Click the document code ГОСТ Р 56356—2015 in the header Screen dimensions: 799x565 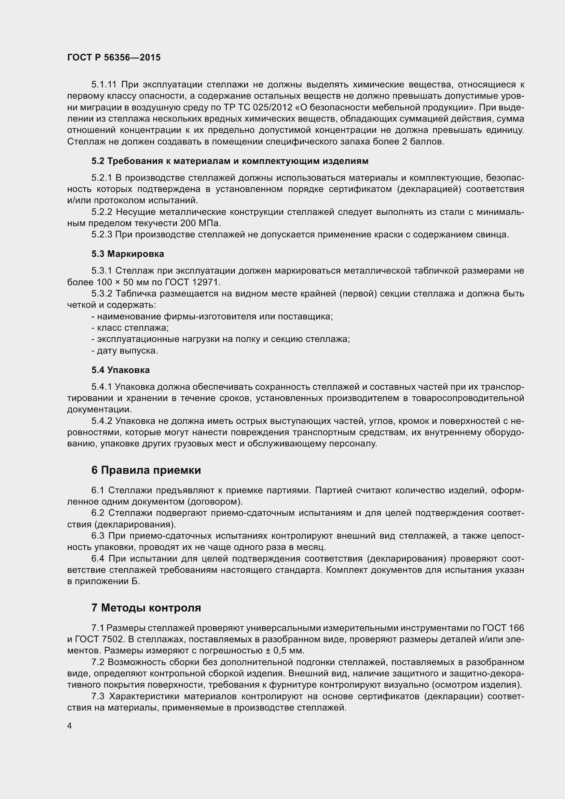pos(114,57)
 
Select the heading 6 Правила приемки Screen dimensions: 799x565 pos(146,470)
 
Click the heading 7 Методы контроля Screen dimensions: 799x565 pos(146,608)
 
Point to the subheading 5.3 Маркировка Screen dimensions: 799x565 pos(128,254)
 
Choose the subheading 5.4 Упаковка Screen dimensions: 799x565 pos(120,370)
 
